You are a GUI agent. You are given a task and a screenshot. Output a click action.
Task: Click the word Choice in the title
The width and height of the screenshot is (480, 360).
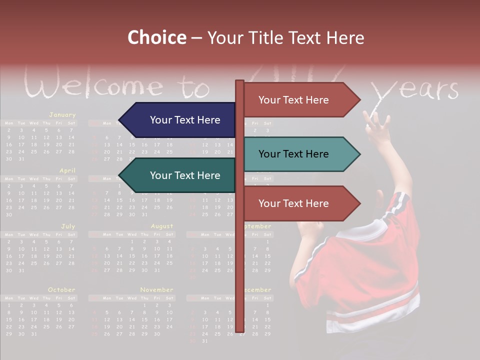[156, 38]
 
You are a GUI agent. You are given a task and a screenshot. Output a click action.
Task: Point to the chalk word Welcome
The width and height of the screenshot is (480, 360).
[94, 86]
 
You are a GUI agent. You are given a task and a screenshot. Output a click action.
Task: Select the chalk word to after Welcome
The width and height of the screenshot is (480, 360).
[195, 87]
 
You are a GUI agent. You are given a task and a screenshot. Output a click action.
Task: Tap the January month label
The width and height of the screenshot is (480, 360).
[62, 114]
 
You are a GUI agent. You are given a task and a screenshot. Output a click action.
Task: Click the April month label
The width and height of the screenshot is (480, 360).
[67, 170]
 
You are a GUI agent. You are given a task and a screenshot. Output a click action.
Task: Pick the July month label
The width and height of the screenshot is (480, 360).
[68, 226]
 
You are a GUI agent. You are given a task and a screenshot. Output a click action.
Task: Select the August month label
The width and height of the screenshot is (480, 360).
[162, 226]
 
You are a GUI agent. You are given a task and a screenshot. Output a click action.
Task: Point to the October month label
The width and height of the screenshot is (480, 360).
[61, 290]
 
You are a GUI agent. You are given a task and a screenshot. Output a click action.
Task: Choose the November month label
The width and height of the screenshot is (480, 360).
[156, 290]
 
